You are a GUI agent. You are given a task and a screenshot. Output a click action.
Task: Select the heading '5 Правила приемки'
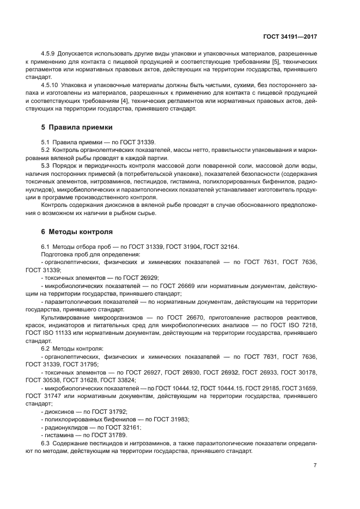point(77,127)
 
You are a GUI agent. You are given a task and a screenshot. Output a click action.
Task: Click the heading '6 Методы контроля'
point(77,231)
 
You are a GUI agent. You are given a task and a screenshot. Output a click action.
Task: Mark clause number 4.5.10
point(51,85)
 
